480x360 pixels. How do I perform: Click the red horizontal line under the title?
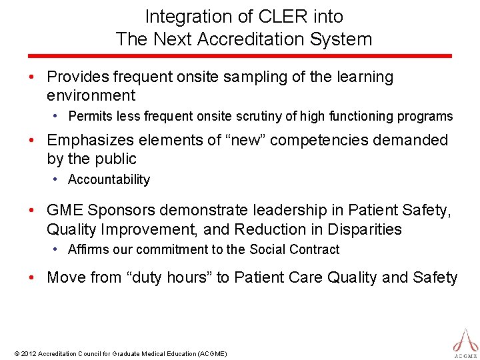(x=240, y=56)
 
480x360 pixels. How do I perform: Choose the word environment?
(x=91, y=95)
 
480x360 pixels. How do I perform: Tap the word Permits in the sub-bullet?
(x=91, y=117)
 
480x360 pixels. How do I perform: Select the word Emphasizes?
(x=90, y=140)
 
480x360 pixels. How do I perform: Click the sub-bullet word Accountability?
(x=109, y=180)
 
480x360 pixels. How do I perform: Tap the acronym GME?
(x=65, y=211)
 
